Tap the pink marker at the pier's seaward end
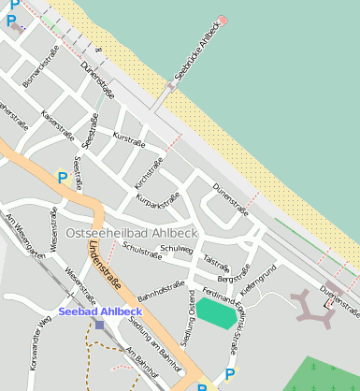click(223, 20)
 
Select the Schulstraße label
click(143, 250)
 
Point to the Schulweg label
click(176, 249)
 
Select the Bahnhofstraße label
click(157, 297)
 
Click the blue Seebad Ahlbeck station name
click(100, 311)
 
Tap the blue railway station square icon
click(100, 325)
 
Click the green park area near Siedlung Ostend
click(216, 312)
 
